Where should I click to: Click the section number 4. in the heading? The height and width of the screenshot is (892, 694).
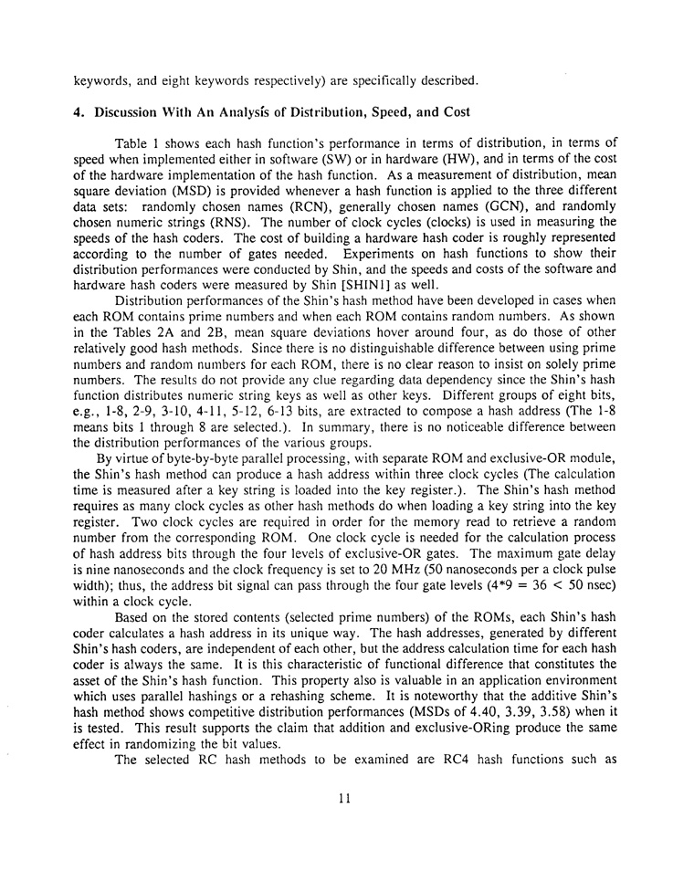79,112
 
